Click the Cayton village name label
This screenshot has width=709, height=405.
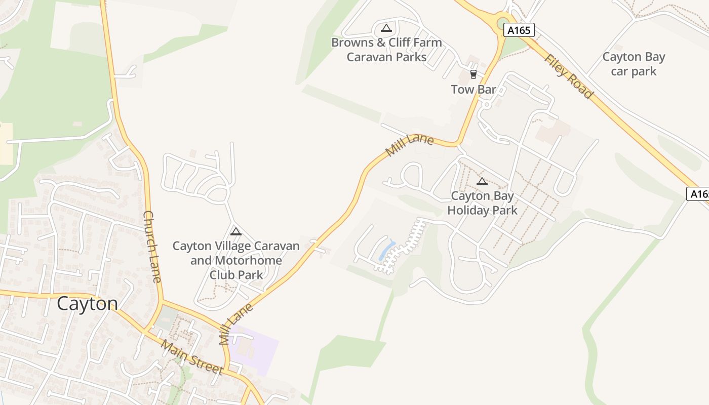(87, 304)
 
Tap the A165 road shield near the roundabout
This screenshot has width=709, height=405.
(519, 30)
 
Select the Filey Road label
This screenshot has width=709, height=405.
(568, 76)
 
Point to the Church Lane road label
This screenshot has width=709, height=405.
(152, 247)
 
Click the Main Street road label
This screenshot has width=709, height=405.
(192, 357)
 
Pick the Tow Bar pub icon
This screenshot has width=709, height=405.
(474, 74)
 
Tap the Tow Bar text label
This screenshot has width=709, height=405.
(474, 90)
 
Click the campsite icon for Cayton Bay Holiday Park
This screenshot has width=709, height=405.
(482, 181)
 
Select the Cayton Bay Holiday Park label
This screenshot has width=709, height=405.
(482, 203)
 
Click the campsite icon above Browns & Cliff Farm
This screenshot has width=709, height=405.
(386, 28)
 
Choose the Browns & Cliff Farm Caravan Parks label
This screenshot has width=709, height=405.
(386, 50)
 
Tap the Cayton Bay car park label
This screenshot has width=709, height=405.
(634, 64)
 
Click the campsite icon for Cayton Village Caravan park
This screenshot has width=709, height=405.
(235, 232)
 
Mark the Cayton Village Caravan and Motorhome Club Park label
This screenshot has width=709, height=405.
(236, 260)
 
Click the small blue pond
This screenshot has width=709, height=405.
(387, 250)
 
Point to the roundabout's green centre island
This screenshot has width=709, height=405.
(502, 23)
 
